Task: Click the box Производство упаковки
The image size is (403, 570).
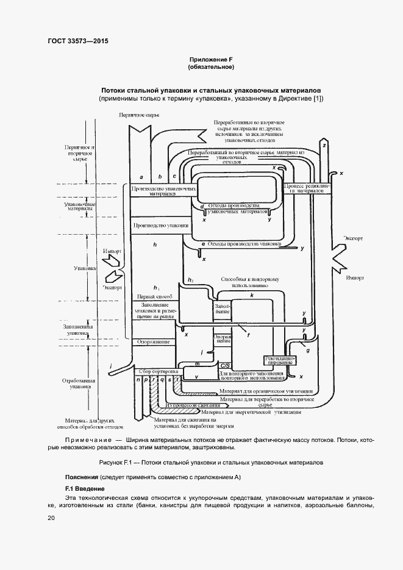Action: (x=156, y=226)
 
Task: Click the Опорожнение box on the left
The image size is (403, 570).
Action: (x=153, y=342)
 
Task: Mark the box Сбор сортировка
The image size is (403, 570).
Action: (x=157, y=371)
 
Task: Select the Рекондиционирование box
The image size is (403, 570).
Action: (x=279, y=359)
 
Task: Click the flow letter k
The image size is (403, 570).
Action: (x=251, y=294)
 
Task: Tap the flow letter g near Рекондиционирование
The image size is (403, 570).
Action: (x=307, y=351)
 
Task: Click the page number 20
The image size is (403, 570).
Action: (x=51, y=518)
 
